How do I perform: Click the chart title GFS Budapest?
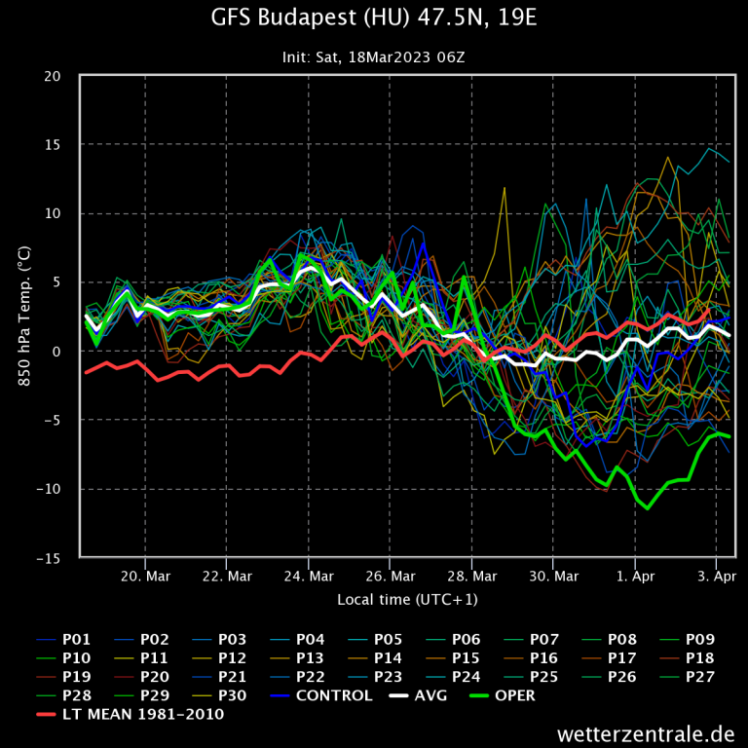pos(373,18)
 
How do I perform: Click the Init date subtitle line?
pos(373,56)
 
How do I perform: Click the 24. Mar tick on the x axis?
pos(308,576)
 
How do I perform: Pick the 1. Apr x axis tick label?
pos(634,576)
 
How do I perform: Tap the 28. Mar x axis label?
pos(470,576)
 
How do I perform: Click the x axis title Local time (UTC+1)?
pos(407,599)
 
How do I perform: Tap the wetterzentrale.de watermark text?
pos(646,732)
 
